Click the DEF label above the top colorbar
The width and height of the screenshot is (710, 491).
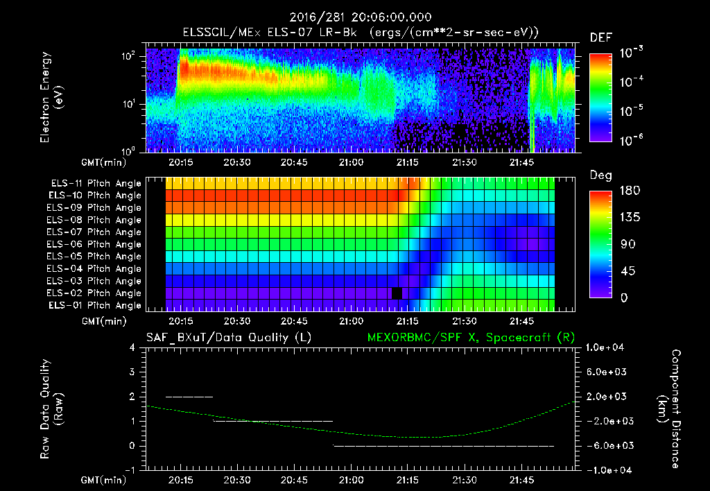coord(600,37)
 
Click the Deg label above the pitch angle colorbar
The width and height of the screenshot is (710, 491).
coord(600,176)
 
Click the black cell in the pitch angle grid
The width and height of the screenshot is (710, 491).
coord(397,293)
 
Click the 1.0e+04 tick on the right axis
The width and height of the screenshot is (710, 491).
coord(607,347)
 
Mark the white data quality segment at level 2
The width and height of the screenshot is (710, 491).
coord(189,397)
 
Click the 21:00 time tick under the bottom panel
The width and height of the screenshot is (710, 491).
coord(352,480)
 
